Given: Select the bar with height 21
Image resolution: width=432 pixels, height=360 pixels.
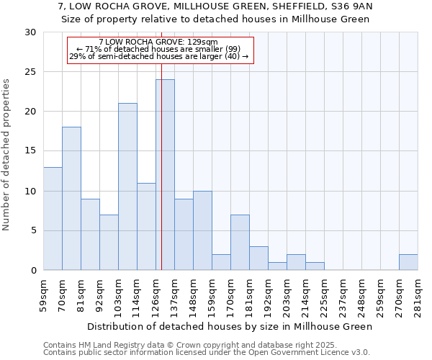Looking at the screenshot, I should click(127, 186).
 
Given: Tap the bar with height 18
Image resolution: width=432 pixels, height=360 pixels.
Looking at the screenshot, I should click(71, 199).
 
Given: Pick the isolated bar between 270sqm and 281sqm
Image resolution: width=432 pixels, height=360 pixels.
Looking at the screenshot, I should click(408, 262).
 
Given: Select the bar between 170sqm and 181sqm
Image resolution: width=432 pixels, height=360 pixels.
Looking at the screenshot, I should click(240, 243).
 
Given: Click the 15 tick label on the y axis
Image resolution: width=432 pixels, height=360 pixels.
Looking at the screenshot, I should click(30, 151).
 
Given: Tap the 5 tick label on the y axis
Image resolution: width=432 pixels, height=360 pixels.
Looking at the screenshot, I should click(33, 231).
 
